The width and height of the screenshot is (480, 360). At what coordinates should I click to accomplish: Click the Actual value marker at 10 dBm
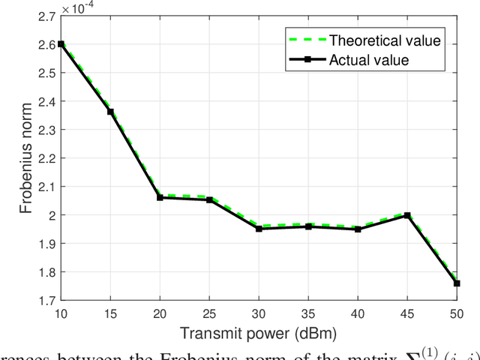(61, 44)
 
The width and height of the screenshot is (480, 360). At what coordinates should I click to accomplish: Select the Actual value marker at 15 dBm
(110, 112)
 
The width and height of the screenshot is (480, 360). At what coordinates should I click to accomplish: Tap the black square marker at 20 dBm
(160, 197)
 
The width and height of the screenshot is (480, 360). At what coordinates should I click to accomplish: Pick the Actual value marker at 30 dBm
(259, 228)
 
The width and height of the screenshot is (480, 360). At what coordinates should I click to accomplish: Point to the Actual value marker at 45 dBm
(407, 215)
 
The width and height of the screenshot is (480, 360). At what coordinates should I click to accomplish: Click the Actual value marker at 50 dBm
(457, 283)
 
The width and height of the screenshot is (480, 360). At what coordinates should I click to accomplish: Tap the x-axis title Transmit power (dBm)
(259, 331)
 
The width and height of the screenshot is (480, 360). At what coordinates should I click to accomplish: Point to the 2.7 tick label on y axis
(45, 16)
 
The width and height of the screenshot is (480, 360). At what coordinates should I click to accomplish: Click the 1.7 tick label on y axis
(45, 301)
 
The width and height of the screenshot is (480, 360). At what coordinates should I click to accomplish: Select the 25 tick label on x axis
(209, 313)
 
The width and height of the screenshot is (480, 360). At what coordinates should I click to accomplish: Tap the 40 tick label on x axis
(358, 313)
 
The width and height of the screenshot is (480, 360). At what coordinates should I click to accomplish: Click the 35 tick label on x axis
(308, 313)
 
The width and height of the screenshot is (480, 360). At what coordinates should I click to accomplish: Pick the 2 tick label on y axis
(50, 215)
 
